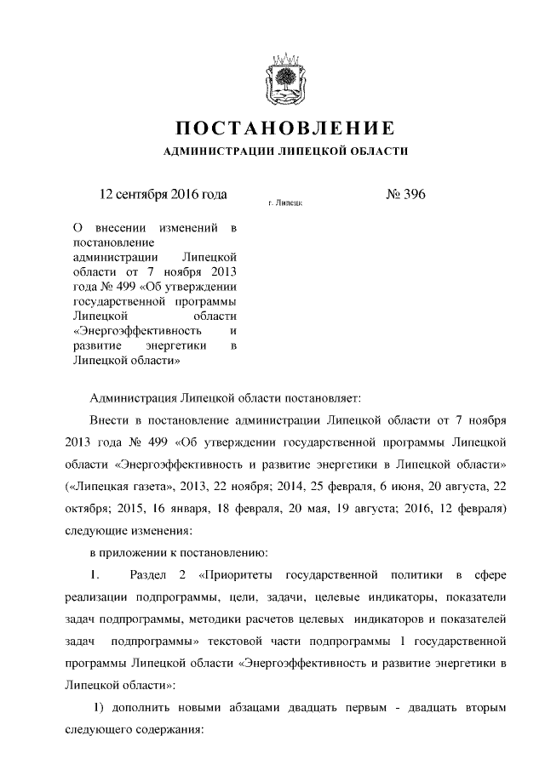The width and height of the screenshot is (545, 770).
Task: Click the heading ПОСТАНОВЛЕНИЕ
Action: click(x=284, y=129)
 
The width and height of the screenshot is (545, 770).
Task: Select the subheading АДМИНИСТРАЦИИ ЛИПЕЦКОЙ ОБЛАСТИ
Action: click(x=284, y=151)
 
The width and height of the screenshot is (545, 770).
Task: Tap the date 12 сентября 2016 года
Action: click(x=163, y=195)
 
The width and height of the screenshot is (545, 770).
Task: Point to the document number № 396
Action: click(x=405, y=195)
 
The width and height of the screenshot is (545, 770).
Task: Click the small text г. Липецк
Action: click(x=284, y=204)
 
